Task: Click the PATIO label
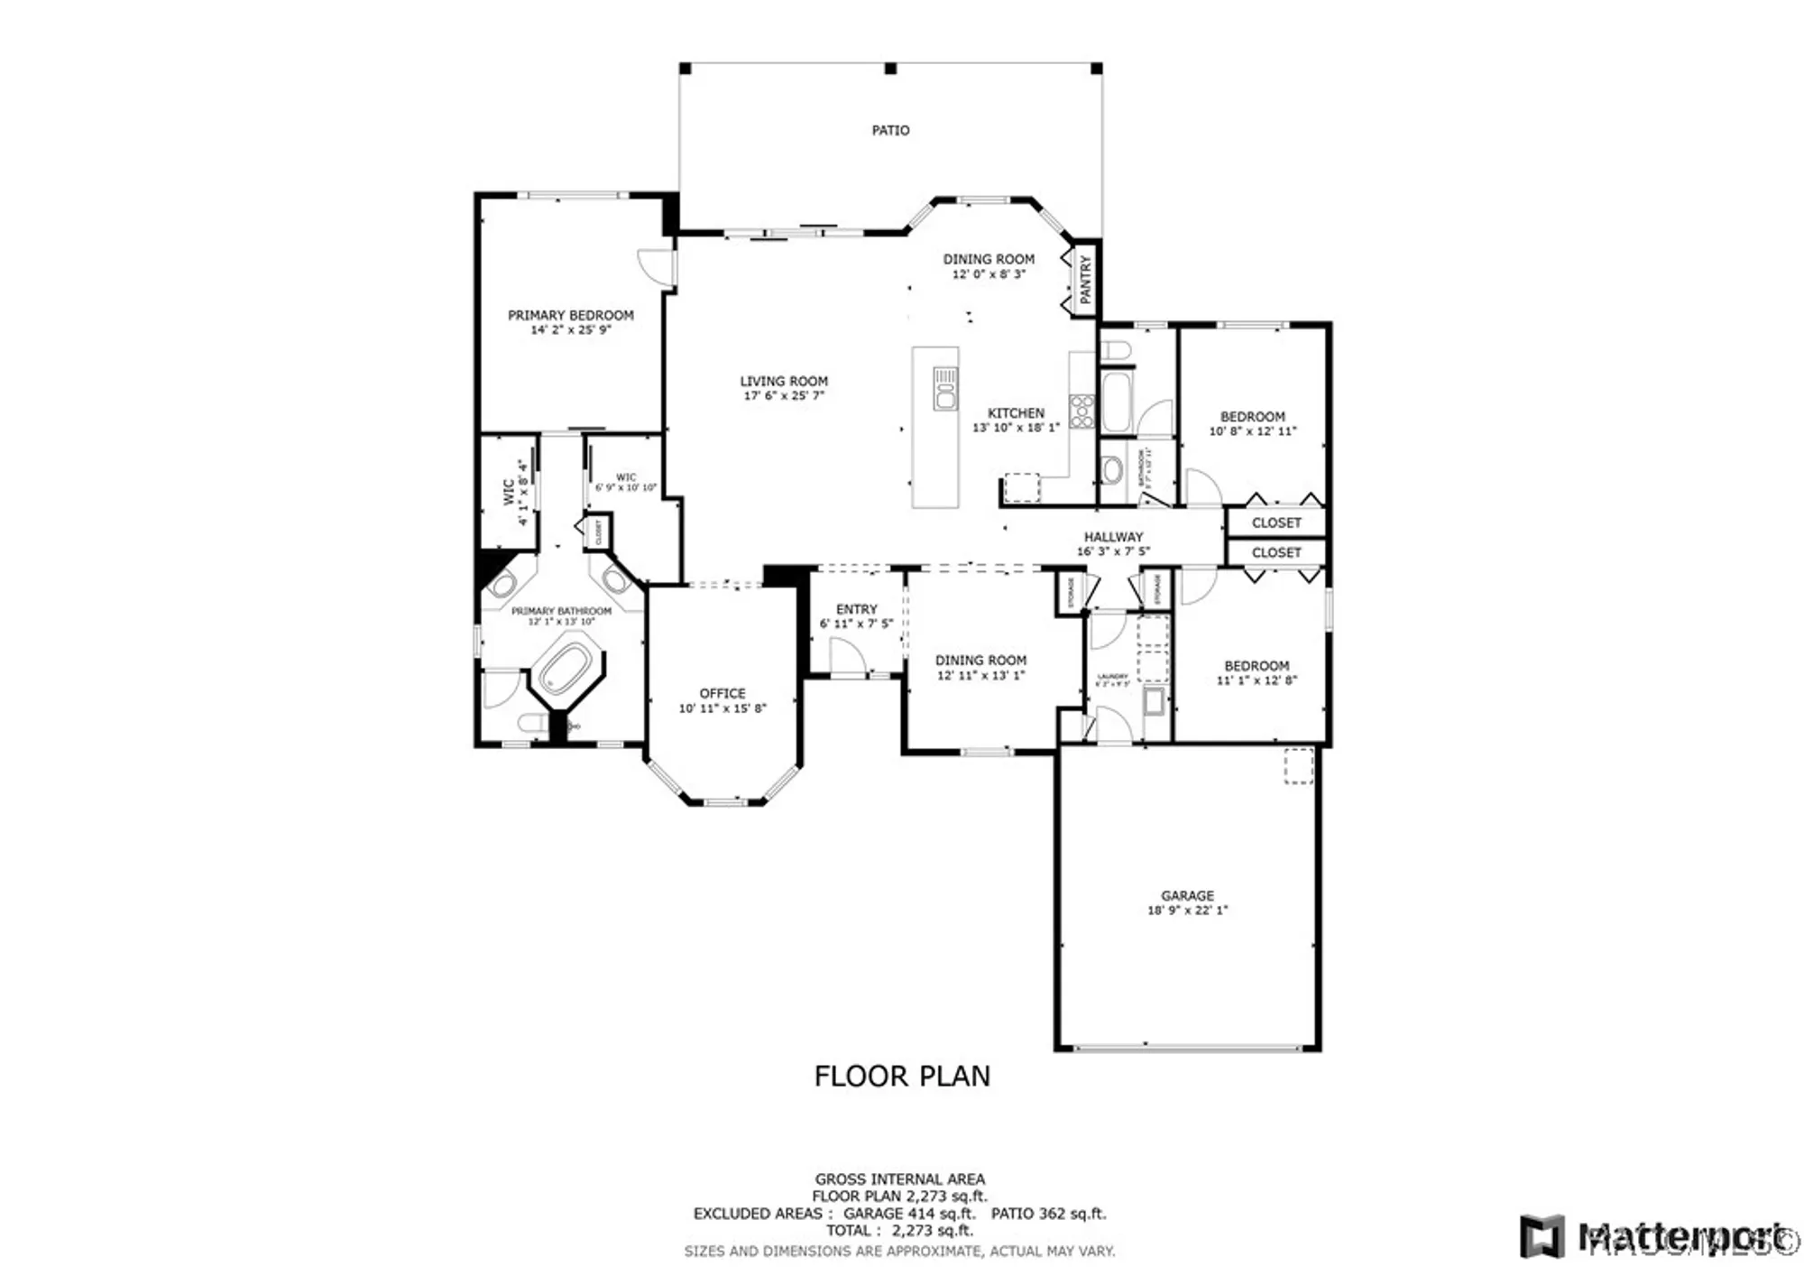[889, 131]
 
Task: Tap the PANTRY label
[1085, 279]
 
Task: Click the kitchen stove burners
[1081, 411]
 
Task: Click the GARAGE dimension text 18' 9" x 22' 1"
[1186, 911]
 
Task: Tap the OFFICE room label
[723, 693]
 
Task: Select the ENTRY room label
[856, 609]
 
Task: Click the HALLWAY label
[1113, 537]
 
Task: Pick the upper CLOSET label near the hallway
[1275, 522]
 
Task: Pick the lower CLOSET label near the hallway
[1275, 552]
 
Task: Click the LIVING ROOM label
[784, 381]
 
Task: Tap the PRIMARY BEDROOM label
[570, 315]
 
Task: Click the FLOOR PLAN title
[901, 1076]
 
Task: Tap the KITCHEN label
[1016, 412]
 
